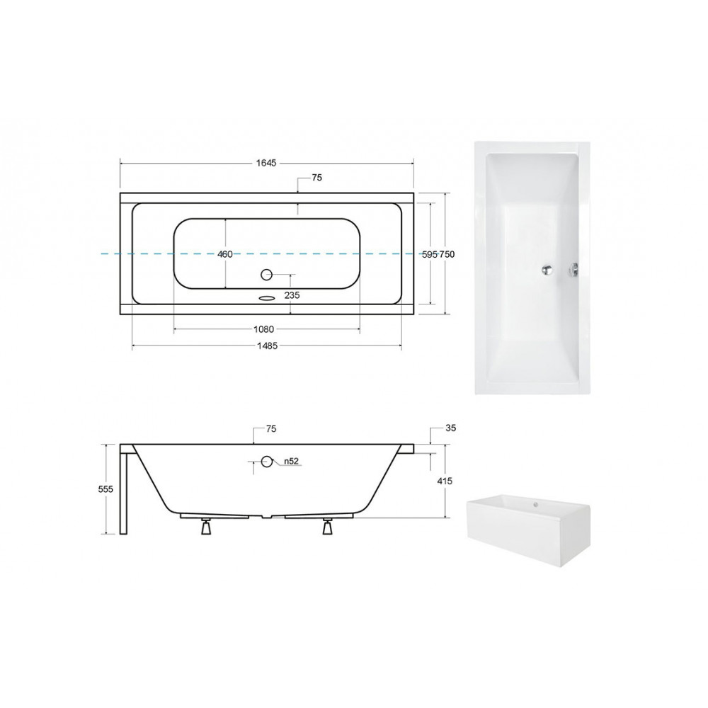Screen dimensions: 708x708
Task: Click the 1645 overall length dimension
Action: click(266, 163)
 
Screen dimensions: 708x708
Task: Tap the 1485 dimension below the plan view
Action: click(267, 346)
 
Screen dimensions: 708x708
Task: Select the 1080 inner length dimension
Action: click(263, 329)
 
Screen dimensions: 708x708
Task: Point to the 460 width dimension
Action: click(225, 254)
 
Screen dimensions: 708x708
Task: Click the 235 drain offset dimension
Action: click(292, 295)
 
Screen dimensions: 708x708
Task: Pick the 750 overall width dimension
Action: click(447, 254)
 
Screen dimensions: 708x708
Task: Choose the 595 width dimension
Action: click(430, 254)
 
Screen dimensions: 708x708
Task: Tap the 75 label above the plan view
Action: click(317, 178)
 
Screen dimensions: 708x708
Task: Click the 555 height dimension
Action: click(105, 489)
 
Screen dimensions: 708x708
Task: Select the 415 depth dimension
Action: click(445, 481)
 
